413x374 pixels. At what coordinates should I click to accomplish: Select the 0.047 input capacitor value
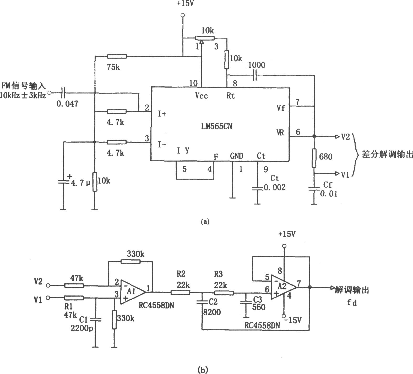[67, 104]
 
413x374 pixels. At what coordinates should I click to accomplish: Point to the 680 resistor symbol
[314, 158]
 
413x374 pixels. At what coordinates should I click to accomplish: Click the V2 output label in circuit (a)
[345, 137]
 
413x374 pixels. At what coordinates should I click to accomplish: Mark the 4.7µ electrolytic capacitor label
[80, 182]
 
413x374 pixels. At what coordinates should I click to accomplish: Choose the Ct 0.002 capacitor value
[275, 187]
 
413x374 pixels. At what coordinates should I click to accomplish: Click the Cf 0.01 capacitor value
[329, 194]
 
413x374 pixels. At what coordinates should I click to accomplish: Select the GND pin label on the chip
[237, 156]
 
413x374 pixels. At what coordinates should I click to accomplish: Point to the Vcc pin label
[202, 96]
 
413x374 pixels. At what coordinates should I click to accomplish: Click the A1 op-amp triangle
[133, 292]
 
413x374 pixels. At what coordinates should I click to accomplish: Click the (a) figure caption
[205, 222]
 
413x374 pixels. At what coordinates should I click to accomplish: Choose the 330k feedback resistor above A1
[131, 261]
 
